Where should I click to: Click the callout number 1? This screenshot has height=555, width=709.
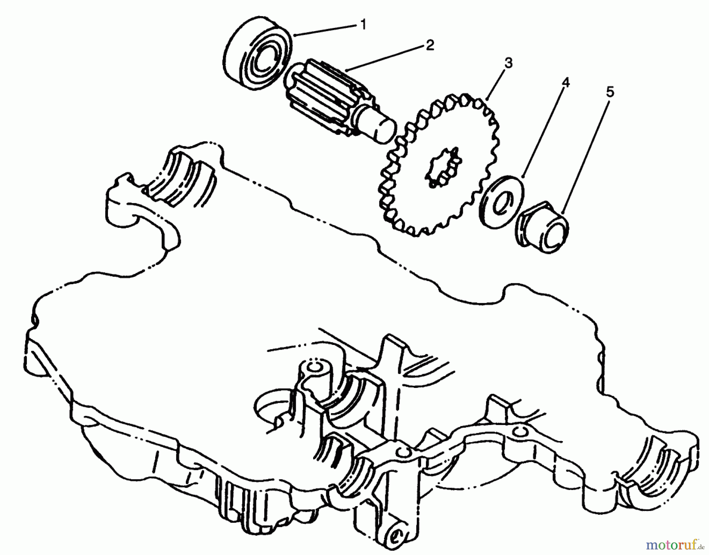point(363,25)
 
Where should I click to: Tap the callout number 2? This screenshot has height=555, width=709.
point(429,45)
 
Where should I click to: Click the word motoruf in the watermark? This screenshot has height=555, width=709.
point(666,545)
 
